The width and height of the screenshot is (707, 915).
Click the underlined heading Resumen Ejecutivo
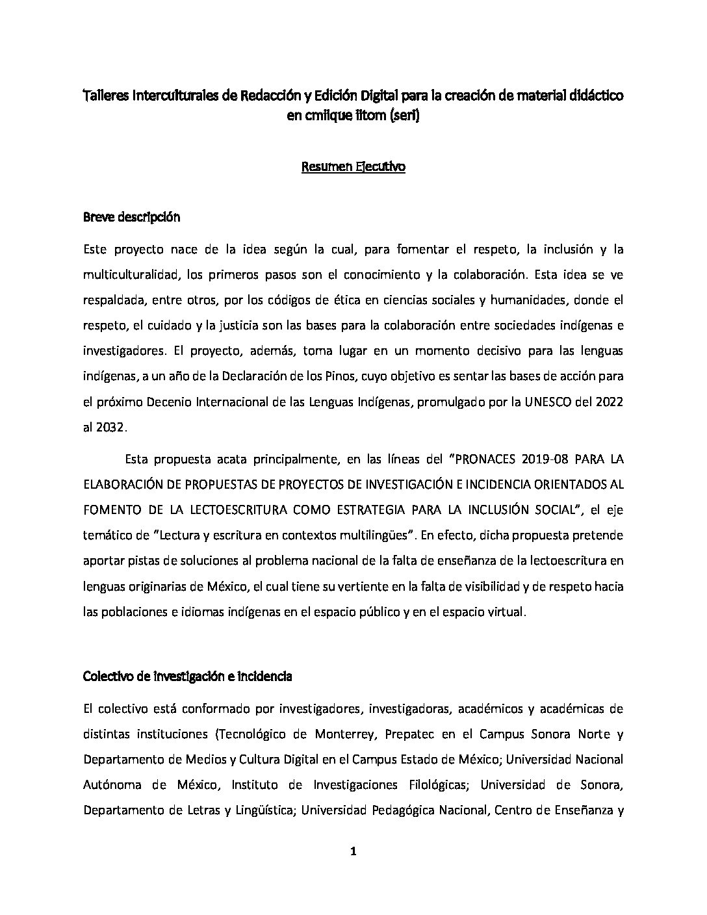pyautogui.click(x=353, y=167)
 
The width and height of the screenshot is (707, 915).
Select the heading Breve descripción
pyautogui.click(x=131, y=217)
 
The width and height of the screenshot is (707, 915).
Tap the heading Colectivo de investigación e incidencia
pyautogui.click(x=187, y=677)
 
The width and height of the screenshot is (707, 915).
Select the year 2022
pyautogui.click(x=609, y=402)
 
